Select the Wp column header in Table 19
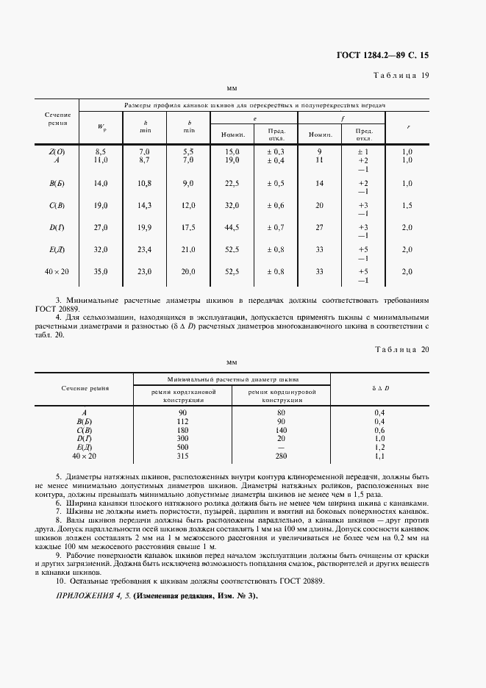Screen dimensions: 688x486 coord(101,126)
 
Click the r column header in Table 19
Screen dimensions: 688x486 coord(408,126)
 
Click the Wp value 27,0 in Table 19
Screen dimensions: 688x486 coord(101,227)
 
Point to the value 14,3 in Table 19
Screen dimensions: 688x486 coord(144,205)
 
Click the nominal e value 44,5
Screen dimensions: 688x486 coord(232,227)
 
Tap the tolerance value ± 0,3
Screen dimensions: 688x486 coord(276,151)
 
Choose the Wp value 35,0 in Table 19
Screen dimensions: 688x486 coord(101,271)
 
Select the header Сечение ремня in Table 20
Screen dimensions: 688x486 coord(85,387)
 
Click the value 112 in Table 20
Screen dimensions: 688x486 coord(182,420)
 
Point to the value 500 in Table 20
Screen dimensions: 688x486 coord(182,447)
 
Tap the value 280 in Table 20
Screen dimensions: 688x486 coord(280,456)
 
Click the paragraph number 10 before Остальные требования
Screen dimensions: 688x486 coord(60,581)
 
